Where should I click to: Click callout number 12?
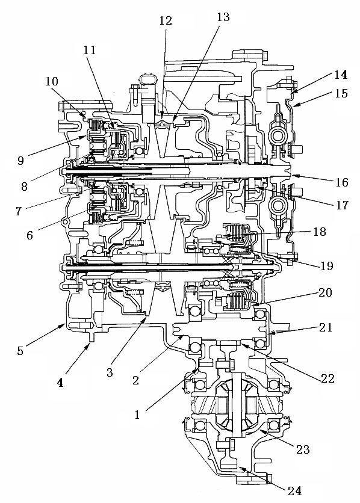click(x=166, y=20)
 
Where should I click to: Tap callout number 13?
click(x=223, y=17)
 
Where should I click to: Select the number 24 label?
click(x=294, y=491)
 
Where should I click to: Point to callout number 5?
click(x=20, y=351)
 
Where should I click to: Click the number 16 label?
click(x=342, y=182)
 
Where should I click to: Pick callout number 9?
click(x=20, y=160)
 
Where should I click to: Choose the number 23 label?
click(x=303, y=449)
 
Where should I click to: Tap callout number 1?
click(x=137, y=415)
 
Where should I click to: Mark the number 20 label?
click(x=325, y=292)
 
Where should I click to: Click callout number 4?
click(x=60, y=383)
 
